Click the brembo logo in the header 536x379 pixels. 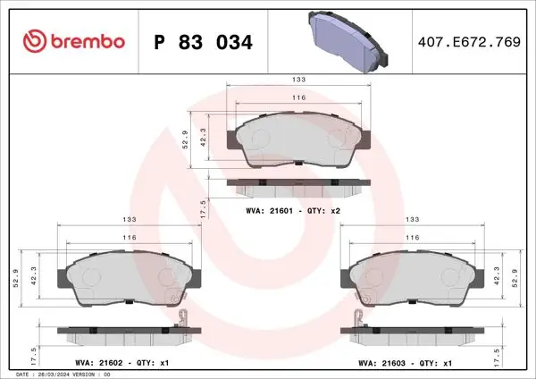point(74,41)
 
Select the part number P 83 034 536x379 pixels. point(204,42)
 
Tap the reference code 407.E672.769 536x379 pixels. point(469,42)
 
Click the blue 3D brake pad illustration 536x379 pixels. point(348,41)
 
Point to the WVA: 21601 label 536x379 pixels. point(270,211)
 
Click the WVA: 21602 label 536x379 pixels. point(99,363)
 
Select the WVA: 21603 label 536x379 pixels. point(381,363)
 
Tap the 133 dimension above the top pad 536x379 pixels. point(298,80)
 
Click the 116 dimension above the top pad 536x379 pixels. point(298,97)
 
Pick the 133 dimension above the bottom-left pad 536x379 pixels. point(130,219)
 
